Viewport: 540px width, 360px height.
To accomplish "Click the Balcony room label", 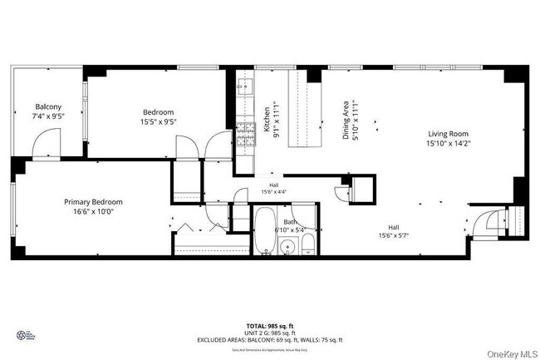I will click(47, 111).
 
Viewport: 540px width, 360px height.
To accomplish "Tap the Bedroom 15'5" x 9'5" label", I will click(158, 117).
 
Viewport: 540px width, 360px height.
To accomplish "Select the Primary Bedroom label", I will click(94, 207).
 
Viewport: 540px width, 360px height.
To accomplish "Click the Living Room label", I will click(449, 139).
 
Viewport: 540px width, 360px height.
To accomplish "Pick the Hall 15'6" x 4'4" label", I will click(273, 189).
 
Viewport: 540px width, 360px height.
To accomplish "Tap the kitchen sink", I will click(242, 84).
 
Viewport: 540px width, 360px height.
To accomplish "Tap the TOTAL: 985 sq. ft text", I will click(270, 327).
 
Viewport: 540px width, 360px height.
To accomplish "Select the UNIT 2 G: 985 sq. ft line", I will click(270, 333).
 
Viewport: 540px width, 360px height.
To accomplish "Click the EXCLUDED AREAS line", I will click(270, 340).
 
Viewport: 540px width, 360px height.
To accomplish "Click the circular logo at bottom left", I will click(22, 335).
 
